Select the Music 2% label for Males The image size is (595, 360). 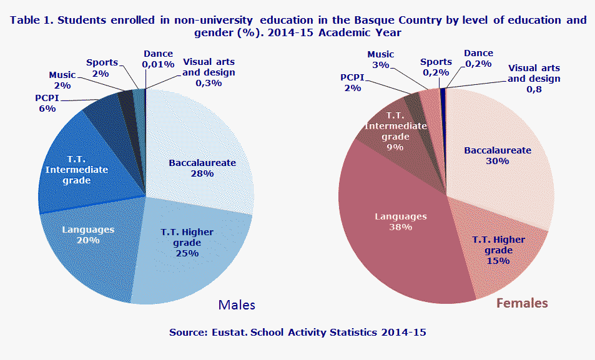(x=62, y=80)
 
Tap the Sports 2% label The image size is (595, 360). (x=101, y=67)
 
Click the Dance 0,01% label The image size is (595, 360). (x=158, y=59)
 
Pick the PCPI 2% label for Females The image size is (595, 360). (x=352, y=82)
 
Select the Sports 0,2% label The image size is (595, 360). (x=436, y=67)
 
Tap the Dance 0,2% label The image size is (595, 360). (x=479, y=58)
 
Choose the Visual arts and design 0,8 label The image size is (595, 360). (x=534, y=79)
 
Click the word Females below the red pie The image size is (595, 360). (x=522, y=303)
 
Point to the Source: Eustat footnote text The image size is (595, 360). (x=297, y=333)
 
